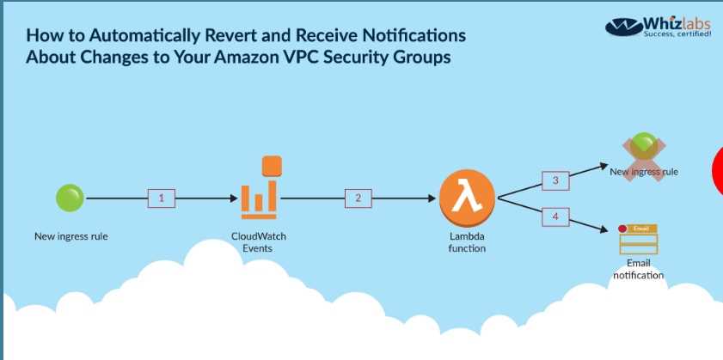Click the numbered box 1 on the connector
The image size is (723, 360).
(x=161, y=198)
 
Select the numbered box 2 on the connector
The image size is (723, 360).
(x=358, y=198)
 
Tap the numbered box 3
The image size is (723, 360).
(x=555, y=180)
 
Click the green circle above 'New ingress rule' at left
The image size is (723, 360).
(x=70, y=198)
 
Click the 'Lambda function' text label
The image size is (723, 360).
(x=467, y=242)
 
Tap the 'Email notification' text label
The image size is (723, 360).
(x=638, y=269)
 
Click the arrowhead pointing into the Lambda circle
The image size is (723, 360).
(x=432, y=198)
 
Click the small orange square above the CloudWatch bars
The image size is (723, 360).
(x=272, y=165)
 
